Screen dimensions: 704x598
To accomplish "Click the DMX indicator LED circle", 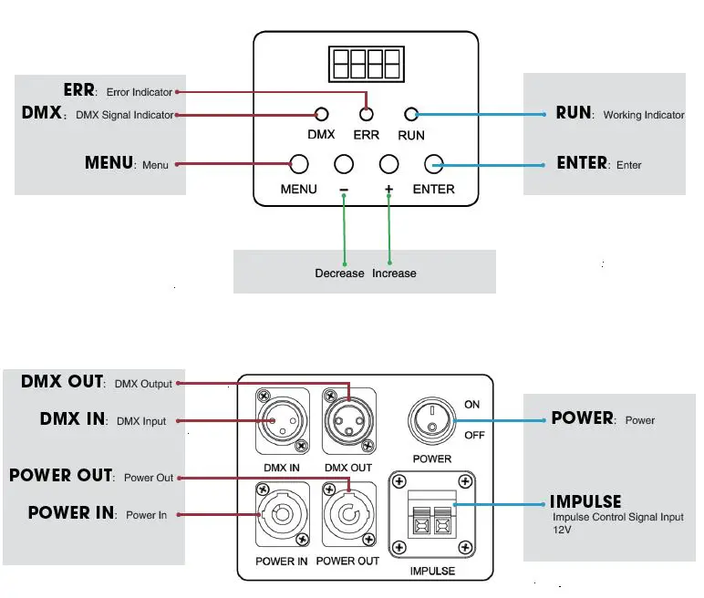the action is pos(322,115).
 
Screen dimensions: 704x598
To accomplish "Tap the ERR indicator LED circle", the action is pos(367,115).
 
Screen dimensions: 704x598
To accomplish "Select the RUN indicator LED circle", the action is pos(411,115).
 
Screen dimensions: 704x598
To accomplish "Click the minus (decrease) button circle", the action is pos(344,164).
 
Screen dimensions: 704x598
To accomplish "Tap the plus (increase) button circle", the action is pos(388,164).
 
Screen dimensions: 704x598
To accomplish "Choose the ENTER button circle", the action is pos(434,164).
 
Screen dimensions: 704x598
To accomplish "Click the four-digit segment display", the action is pos(367,64).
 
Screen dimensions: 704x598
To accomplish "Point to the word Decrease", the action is pos(339,273).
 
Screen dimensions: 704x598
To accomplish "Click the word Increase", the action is pos(394,273).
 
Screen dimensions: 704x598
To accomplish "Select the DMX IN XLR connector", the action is pos(283,421).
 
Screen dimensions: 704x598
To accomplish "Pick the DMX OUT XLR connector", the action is pos(349,421).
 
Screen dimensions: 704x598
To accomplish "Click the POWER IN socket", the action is pos(283,514).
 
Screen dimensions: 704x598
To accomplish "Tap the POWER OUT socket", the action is pos(349,514).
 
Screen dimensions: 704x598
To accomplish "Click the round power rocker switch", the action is pos(432,420).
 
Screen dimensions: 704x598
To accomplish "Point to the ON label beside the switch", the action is pos(471,405).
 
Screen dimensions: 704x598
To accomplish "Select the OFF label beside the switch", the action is pos(474,435).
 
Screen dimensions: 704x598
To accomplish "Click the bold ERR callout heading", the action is pos(79,89).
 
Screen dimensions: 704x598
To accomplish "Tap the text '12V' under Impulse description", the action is pos(562,530).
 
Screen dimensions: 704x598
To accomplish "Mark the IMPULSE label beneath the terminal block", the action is pos(432,571).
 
